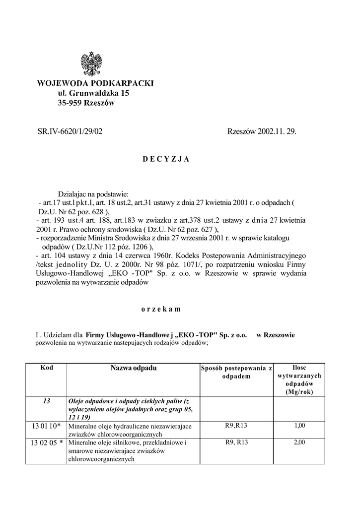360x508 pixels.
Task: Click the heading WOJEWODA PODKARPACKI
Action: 96,83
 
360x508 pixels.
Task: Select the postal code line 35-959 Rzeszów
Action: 86,103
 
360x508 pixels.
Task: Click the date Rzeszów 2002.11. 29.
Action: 261,131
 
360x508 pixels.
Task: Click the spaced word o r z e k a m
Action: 160,309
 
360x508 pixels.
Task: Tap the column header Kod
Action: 47,368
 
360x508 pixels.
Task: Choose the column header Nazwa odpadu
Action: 133,369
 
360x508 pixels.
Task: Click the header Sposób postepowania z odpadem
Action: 236,372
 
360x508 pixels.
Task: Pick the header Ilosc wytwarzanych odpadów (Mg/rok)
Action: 299,380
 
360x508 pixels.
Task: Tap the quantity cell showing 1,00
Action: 299,425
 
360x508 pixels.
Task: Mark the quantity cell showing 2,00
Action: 299,442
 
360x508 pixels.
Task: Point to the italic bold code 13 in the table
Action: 47,401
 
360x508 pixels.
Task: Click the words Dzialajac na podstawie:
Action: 94,193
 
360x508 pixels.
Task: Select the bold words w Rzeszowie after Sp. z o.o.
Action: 276,335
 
